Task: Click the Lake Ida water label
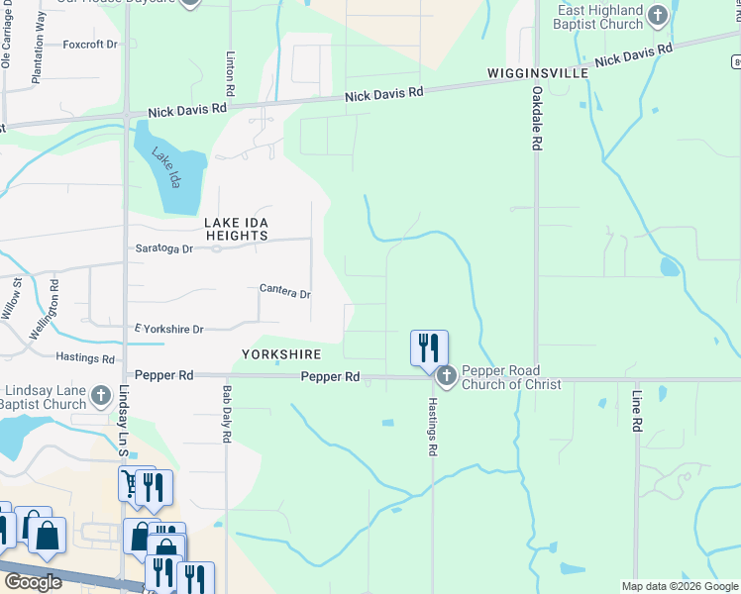pyautogui.click(x=165, y=167)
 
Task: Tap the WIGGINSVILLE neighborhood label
pyautogui.click(x=538, y=74)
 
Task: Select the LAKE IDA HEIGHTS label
pyautogui.click(x=236, y=229)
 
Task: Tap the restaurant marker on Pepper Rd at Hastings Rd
pyautogui.click(x=429, y=348)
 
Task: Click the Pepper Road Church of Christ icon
pyautogui.click(x=446, y=376)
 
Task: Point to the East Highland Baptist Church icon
pyautogui.click(x=657, y=15)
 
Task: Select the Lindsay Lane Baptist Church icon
pyautogui.click(x=100, y=396)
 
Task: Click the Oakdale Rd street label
pyautogui.click(x=536, y=119)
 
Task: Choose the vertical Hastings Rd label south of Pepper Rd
pyautogui.click(x=432, y=427)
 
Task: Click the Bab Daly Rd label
pyautogui.click(x=227, y=414)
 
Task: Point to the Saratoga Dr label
pyautogui.click(x=164, y=248)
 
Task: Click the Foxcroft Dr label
pyautogui.click(x=90, y=45)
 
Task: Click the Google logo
pyautogui.click(x=32, y=582)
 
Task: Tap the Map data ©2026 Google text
pyautogui.click(x=679, y=586)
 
